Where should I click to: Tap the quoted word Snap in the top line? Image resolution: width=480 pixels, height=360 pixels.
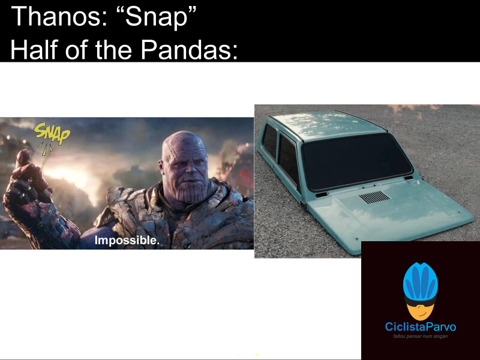pos(152,17)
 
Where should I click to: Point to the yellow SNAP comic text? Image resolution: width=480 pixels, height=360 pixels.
pos(52,133)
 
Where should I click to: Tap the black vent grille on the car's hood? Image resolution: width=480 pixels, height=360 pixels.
pos(374,197)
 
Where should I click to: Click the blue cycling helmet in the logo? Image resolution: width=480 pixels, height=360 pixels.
pos(420,282)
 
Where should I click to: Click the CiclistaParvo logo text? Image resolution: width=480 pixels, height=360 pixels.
pos(420,327)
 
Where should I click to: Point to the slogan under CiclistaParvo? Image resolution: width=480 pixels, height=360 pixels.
pos(420,336)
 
